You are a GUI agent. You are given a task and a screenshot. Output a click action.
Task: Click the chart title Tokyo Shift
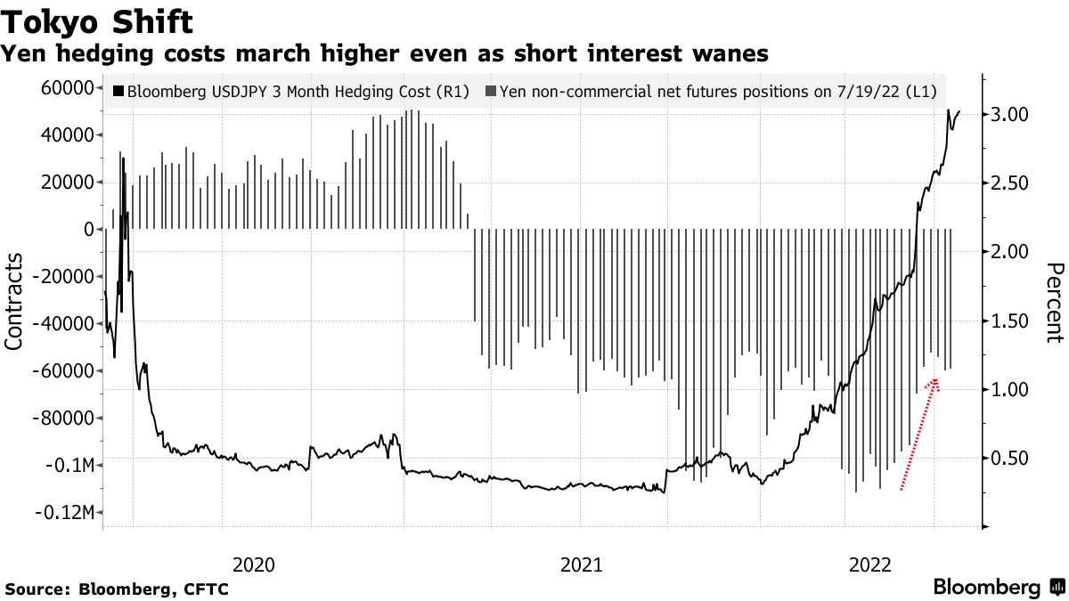pyautogui.click(x=97, y=19)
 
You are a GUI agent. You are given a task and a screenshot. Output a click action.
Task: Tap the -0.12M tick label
pyautogui.click(x=66, y=513)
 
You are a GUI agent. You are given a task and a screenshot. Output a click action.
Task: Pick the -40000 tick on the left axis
pyautogui.click(x=64, y=324)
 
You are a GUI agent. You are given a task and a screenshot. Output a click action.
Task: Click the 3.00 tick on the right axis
pyautogui.click(x=1011, y=114)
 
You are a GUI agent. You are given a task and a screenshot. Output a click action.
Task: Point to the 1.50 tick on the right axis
pyautogui.click(x=1011, y=321)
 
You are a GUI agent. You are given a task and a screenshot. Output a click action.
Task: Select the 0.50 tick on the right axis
pyautogui.click(x=1011, y=459)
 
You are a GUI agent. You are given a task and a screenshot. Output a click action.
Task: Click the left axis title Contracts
pyautogui.click(x=15, y=301)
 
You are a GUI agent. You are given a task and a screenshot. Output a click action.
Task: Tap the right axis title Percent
pyautogui.click(x=1055, y=303)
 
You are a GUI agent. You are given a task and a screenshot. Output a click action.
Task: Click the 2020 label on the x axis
pyautogui.click(x=252, y=564)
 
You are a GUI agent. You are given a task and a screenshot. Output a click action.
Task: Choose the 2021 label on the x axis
pyautogui.click(x=580, y=564)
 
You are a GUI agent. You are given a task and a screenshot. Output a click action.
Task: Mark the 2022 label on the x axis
pyautogui.click(x=870, y=564)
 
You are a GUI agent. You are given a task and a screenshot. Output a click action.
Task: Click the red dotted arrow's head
pyautogui.click(x=935, y=382)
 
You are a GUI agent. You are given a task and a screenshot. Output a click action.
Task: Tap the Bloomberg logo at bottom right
pyautogui.click(x=998, y=588)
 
